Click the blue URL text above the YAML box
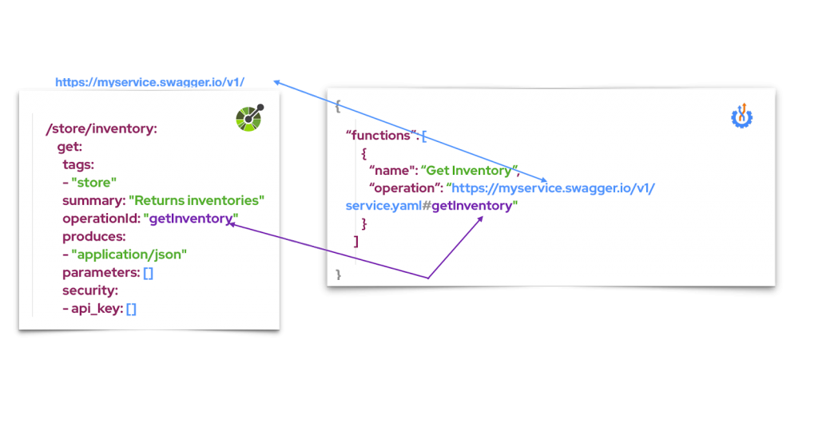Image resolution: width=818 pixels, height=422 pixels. (150, 82)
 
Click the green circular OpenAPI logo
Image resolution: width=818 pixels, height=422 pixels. (249, 118)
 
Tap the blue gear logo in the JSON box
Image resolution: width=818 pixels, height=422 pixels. (743, 116)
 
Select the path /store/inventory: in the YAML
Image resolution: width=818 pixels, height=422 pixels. (102, 128)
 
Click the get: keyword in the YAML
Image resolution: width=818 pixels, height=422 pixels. (70, 147)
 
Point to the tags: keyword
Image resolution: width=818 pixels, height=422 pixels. (78, 164)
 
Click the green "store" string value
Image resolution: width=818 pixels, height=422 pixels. (93, 182)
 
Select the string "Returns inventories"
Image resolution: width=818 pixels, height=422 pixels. (197, 200)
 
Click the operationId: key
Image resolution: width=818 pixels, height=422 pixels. (101, 219)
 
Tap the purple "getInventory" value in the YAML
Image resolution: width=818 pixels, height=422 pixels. (192, 219)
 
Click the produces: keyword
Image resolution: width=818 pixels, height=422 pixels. (94, 236)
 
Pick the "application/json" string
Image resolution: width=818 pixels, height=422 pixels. (129, 254)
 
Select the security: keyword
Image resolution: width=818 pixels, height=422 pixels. (90, 290)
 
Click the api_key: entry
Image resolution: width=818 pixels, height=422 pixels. (92, 309)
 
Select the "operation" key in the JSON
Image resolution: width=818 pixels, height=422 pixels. (406, 188)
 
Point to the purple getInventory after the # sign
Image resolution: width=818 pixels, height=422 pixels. (477, 206)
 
